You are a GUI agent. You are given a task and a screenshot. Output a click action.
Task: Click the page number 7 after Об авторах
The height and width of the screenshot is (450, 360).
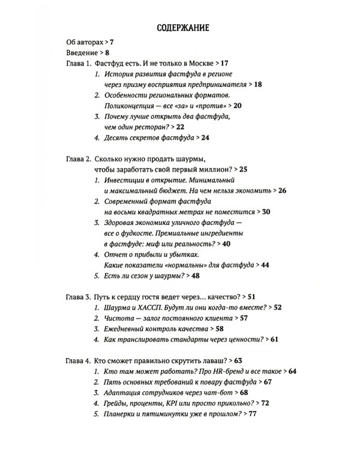click(x=112, y=43)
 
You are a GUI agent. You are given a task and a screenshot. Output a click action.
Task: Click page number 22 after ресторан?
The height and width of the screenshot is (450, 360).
click(x=181, y=127)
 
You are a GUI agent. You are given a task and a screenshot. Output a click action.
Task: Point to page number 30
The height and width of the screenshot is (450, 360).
click(x=267, y=212)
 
